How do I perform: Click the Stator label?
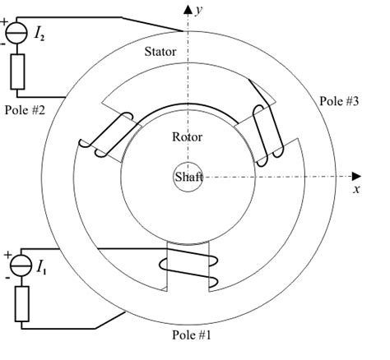(x=160, y=52)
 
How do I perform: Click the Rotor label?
(x=187, y=136)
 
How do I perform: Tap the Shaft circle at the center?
(x=188, y=176)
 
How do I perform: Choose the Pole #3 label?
(x=336, y=101)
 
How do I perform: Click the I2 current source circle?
(x=15, y=35)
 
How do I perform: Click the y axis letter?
(x=200, y=9)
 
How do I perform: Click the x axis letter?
(x=356, y=189)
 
